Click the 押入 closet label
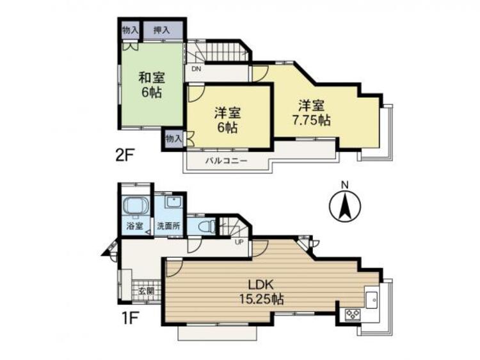pos(161,29)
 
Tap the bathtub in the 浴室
pos(135,208)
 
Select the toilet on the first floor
pos(205,226)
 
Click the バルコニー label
pos(225,161)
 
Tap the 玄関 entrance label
pos(146,290)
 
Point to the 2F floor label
pos(127,155)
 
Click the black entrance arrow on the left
pos(106,249)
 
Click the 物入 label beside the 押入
pos(130,29)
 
